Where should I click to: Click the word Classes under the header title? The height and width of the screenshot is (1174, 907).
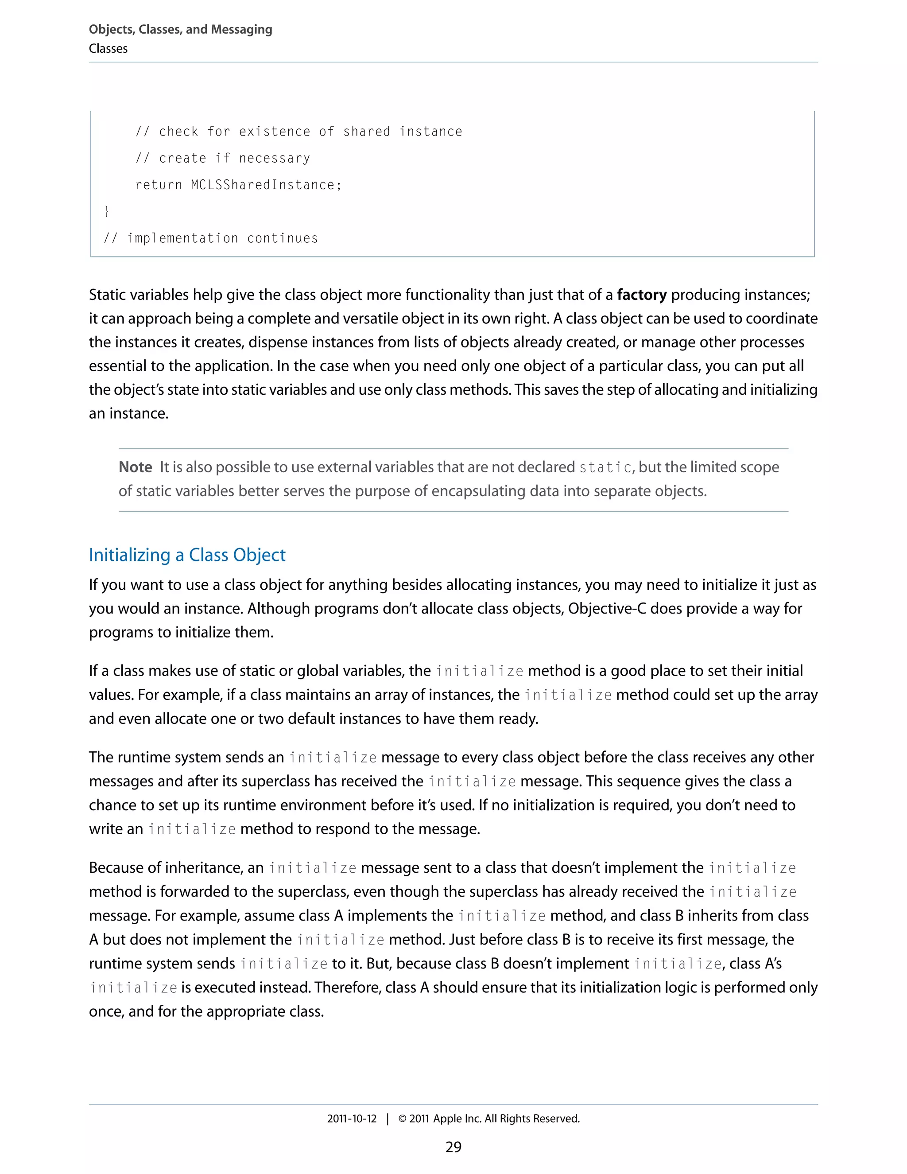pos(108,49)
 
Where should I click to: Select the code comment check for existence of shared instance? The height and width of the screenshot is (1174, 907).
pos(299,132)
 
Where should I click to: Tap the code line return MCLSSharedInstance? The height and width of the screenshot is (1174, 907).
pos(238,185)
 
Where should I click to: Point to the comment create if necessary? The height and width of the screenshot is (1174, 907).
pos(222,159)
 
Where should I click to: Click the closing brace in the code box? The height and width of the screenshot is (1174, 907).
pos(106,211)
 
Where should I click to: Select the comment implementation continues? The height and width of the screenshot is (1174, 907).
pos(211,238)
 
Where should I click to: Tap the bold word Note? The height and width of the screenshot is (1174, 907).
pos(136,467)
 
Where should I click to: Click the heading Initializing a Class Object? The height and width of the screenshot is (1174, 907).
pos(187,555)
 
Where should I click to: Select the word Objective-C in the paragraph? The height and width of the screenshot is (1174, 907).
pos(607,609)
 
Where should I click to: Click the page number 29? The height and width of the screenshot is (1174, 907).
pos(453,1147)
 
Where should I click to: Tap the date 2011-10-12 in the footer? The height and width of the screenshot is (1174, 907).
pos(352,1119)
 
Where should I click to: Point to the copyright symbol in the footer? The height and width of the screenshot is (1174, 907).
pos(403,1119)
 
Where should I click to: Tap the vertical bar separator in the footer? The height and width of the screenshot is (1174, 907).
pos(388,1119)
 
